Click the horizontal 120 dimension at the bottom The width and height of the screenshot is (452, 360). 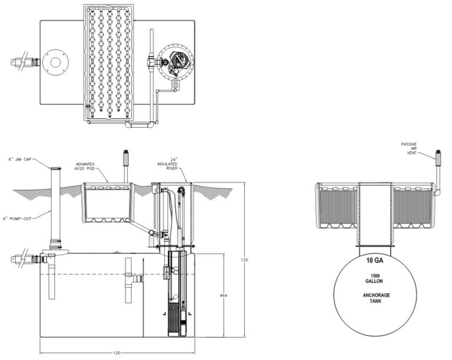click(x=117, y=353)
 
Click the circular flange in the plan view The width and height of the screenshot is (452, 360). click(x=56, y=61)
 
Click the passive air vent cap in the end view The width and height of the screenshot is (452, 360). click(x=437, y=155)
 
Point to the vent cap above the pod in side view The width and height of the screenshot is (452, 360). click(x=125, y=157)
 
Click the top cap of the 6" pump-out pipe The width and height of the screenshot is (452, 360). click(x=55, y=169)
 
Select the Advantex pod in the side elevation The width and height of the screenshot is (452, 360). click(x=107, y=203)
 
